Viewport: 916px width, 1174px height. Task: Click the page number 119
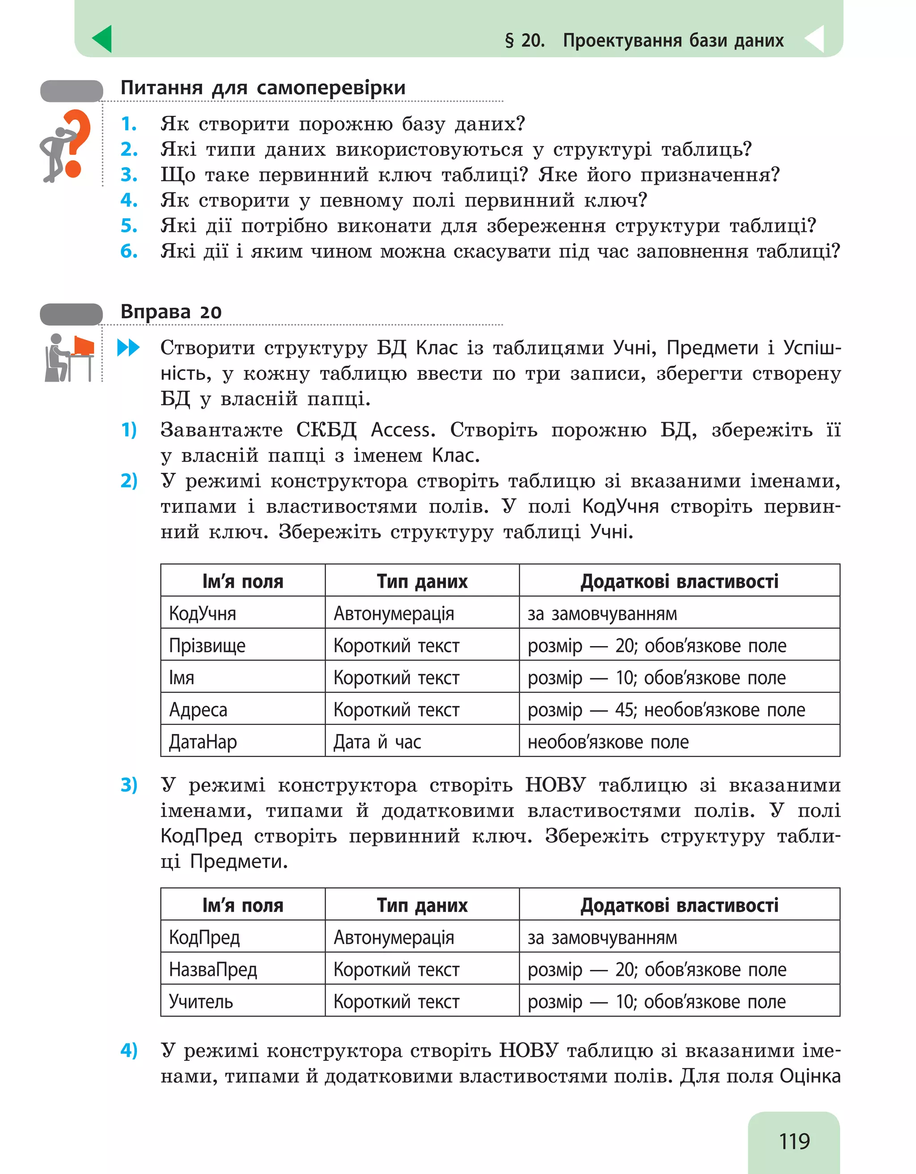point(794,1141)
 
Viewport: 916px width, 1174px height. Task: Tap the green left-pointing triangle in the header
point(102,39)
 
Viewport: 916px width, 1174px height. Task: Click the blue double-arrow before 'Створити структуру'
point(128,348)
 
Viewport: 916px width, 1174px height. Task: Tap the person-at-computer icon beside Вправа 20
point(69,357)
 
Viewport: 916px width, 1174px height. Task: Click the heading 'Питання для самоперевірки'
point(263,88)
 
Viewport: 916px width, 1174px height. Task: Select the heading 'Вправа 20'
point(171,312)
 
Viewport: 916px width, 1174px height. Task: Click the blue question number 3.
point(129,174)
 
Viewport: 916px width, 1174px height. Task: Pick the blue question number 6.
point(129,251)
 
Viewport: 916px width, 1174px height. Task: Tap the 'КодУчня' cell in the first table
point(203,613)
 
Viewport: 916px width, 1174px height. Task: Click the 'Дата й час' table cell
point(377,742)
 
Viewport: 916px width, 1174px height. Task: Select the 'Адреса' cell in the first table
point(198,710)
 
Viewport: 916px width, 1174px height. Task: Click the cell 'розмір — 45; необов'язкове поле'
point(666,710)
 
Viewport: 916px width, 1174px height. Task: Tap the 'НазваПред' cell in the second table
point(213,969)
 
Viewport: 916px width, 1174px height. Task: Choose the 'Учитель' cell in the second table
point(201,1001)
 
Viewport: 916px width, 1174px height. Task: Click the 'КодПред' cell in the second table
point(204,937)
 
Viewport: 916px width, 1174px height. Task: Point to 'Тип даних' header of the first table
point(422,581)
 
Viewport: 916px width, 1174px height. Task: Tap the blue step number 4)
point(129,1050)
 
